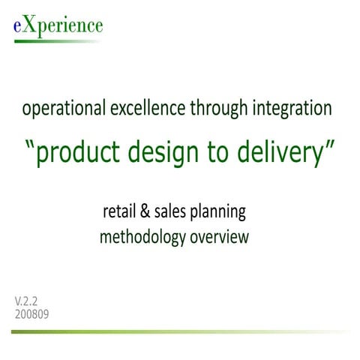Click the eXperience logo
(x=58, y=25)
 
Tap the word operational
(x=61, y=109)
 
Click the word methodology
(x=142, y=238)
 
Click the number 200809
(x=32, y=314)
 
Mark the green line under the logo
(x=52, y=40)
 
